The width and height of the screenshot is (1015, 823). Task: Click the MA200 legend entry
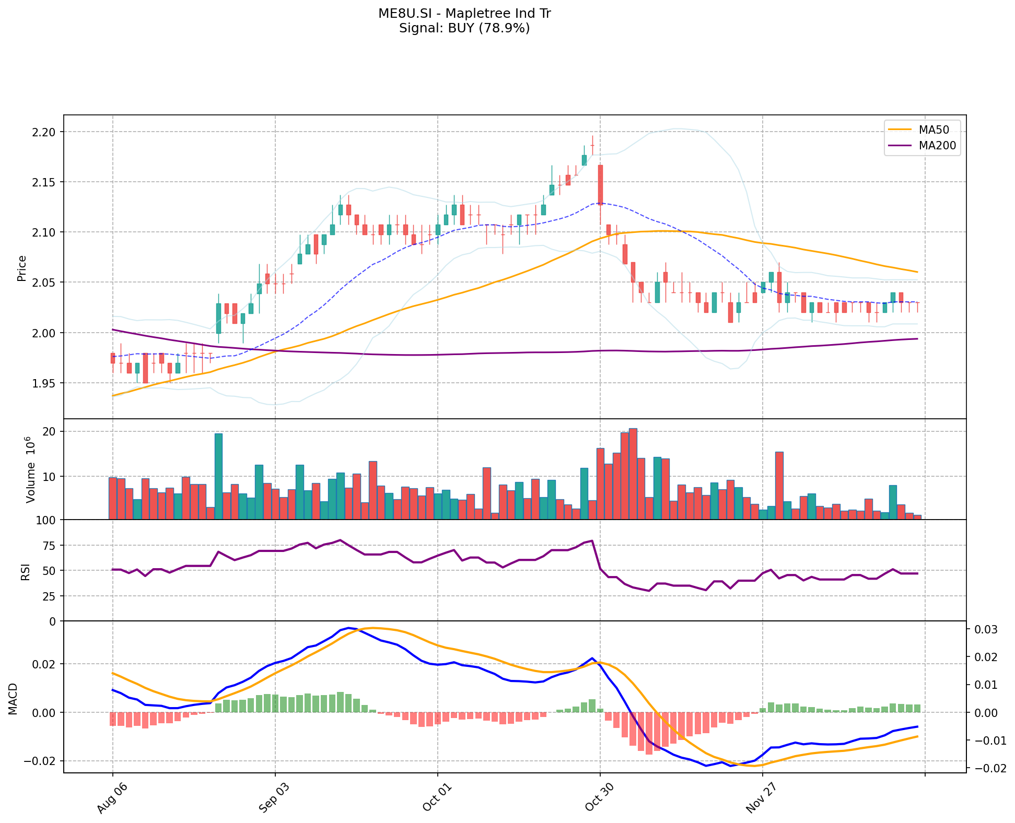click(x=937, y=146)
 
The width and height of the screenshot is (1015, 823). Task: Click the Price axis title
click(x=22, y=268)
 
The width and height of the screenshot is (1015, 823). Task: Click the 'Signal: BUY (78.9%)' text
click(x=464, y=28)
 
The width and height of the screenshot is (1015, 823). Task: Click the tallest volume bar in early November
click(x=633, y=474)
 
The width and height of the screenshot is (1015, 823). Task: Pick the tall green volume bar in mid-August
click(x=218, y=476)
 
